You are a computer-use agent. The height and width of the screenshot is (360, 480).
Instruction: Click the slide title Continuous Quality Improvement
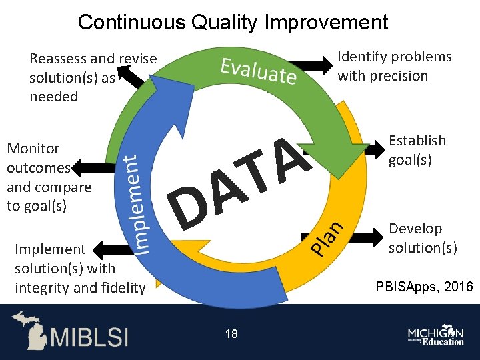[x=233, y=22]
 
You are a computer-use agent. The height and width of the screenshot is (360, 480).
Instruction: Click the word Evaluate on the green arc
[x=259, y=71]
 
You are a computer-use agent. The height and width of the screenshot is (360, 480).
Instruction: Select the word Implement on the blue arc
[x=137, y=203]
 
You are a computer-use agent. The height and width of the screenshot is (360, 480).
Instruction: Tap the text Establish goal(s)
[x=417, y=150]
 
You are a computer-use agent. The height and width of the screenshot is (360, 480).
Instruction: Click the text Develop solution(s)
[x=423, y=238]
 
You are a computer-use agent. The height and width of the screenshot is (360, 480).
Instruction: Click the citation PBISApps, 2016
[x=424, y=287]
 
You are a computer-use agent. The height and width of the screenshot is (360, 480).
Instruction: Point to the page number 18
[x=231, y=333]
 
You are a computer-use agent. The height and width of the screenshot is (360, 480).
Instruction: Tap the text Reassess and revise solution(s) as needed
[x=93, y=77]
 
